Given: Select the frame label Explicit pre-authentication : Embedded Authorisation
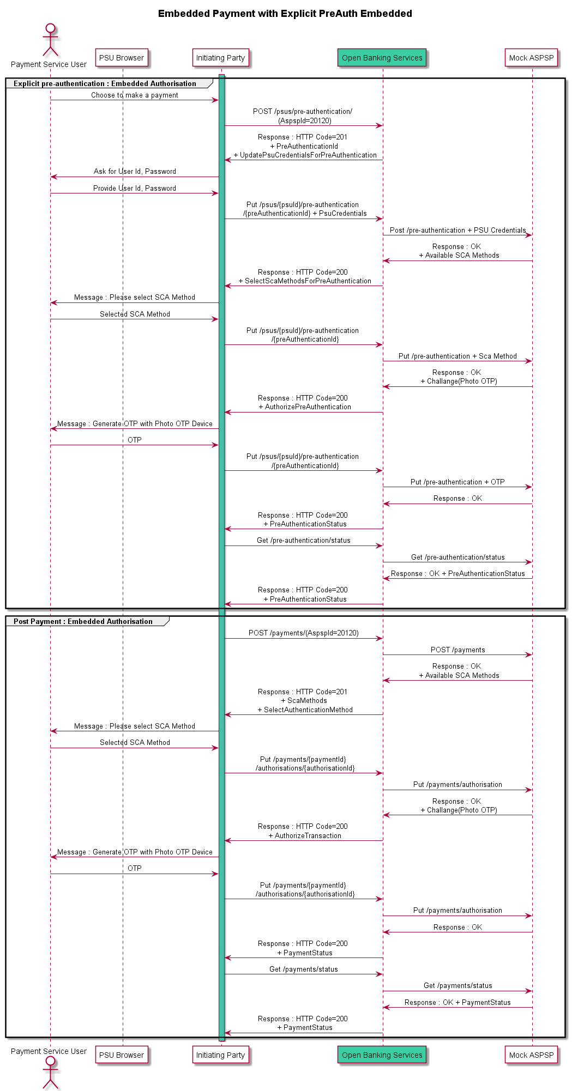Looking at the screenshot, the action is point(105,83).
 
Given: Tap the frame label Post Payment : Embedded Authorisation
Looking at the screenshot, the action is point(83,621).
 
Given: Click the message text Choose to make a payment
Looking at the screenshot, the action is point(135,95).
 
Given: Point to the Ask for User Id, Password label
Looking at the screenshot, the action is point(135,172).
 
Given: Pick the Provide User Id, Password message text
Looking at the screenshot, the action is point(135,189).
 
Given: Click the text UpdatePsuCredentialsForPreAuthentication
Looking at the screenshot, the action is point(308,155).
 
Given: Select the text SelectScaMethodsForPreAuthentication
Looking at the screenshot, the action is point(308,281).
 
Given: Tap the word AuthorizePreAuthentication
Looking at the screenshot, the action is point(308,407).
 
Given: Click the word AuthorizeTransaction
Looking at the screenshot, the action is point(308,836).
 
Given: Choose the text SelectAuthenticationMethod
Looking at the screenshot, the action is point(309,710).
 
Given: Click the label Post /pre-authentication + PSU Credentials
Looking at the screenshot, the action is point(458,231).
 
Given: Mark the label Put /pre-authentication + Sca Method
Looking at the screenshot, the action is point(457,356).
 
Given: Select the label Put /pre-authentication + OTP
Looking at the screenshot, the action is point(457,482).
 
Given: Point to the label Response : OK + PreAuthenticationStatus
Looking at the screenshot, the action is point(458,574).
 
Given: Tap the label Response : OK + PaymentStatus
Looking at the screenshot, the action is point(457,1003).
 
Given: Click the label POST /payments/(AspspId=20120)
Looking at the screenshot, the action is point(304,633).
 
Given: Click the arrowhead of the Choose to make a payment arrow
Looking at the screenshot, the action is point(215,100).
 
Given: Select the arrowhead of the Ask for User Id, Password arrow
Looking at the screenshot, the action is point(53,177).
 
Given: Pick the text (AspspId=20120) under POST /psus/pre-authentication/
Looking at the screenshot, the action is point(305,121).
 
